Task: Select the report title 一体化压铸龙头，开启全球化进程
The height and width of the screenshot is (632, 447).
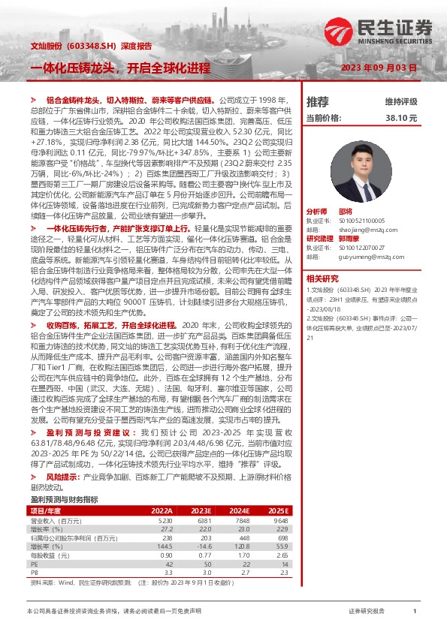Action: tap(120, 67)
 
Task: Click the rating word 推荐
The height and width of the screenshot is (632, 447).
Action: tap(318, 102)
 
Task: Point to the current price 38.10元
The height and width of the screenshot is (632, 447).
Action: tap(400, 118)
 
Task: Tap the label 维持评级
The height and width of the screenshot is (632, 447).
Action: tap(400, 102)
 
